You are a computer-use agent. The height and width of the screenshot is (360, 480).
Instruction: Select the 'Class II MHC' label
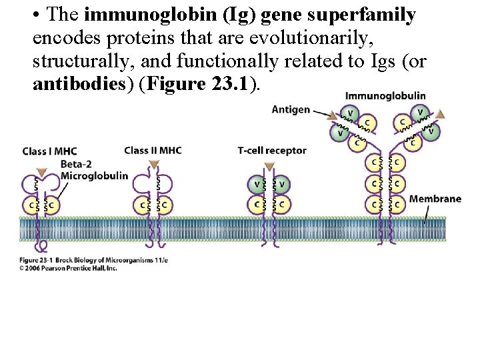click(154, 149)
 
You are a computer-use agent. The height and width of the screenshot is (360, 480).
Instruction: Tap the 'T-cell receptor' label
click(271, 150)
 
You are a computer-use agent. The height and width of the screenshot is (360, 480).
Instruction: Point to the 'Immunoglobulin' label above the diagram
click(385, 96)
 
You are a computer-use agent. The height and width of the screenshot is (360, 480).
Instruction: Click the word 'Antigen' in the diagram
click(291, 109)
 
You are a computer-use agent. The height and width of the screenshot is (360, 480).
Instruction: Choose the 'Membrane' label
click(435, 199)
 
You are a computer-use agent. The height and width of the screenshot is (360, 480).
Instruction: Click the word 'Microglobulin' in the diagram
click(94, 175)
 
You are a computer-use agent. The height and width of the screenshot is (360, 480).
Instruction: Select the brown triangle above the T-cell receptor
click(269, 166)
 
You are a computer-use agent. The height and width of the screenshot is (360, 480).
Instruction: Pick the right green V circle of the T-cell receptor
click(282, 184)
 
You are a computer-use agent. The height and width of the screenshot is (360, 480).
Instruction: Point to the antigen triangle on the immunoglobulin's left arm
click(331, 117)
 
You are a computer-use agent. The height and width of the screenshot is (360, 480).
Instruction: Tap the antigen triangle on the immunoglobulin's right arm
click(439, 114)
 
